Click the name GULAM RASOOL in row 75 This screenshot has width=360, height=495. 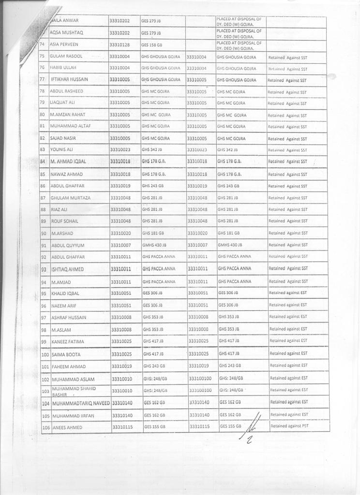[x=66, y=57]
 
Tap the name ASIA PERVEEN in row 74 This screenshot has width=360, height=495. [x=64, y=44]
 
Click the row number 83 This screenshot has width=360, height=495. [x=43, y=149]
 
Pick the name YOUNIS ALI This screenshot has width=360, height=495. [x=61, y=149]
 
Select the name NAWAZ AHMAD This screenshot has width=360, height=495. [x=67, y=174]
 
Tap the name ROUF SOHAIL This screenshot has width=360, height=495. [x=64, y=221]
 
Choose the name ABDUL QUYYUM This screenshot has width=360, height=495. [x=68, y=245]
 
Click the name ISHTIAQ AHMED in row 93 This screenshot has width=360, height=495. [x=67, y=269]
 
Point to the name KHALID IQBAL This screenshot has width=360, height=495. [x=65, y=293]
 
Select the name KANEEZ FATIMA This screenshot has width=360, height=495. [x=67, y=342]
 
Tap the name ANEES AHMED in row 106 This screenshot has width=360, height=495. [x=68, y=428]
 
